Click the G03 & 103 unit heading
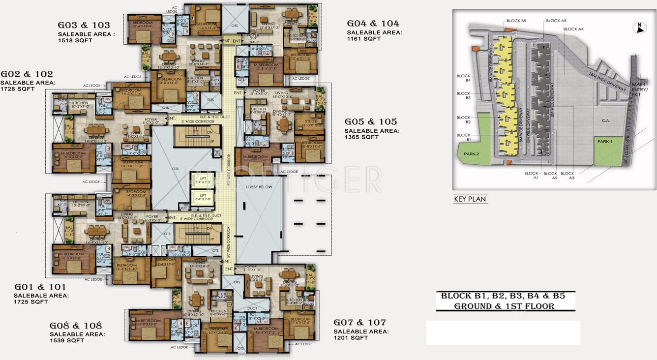click(84, 26)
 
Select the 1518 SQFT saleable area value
click(75, 40)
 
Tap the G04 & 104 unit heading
click(373, 24)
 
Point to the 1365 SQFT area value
click(361, 137)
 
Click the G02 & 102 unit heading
click(27, 74)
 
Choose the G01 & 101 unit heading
click(40, 287)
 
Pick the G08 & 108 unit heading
click(76, 326)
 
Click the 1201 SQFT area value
click(351, 338)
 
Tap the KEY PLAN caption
click(470, 199)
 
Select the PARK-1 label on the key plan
click(605, 141)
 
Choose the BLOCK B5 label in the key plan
click(516, 21)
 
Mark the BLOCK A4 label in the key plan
click(573, 29)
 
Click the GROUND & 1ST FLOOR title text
click(504, 306)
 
